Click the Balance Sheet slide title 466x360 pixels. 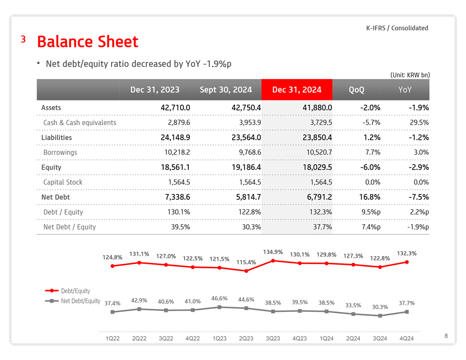coord(87,42)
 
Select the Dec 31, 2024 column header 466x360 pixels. coord(297,90)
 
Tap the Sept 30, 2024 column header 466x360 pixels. coord(226,90)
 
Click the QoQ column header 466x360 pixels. coord(356,90)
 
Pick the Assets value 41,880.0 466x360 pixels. coord(315,108)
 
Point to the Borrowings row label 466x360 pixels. coord(60,152)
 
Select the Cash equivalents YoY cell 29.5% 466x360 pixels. coord(419,123)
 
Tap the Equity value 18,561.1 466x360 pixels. coord(175,167)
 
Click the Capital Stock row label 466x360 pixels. coord(63,182)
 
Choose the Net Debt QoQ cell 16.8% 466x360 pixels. coord(370,197)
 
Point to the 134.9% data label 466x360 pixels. coord(273,252)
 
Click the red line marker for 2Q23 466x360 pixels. coord(246,271)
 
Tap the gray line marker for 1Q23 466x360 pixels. coord(219,307)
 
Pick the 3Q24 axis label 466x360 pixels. coord(380,338)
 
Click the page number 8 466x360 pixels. coord(446,335)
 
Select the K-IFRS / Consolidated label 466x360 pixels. coord(397,28)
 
